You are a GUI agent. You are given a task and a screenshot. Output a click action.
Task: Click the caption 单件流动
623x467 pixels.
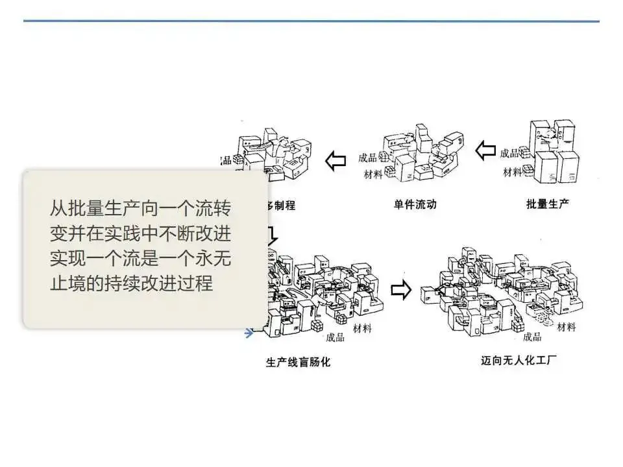(415, 204)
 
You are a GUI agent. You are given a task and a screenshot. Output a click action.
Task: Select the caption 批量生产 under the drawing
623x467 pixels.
(548, 204)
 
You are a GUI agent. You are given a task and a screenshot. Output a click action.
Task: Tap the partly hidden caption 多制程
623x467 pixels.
(280, 206)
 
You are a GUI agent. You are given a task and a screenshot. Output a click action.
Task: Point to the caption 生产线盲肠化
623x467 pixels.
(298, 362)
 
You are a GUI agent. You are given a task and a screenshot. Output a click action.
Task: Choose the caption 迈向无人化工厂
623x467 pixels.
(519, 361)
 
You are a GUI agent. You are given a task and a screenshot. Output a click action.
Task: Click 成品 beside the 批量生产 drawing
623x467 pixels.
(509, 153)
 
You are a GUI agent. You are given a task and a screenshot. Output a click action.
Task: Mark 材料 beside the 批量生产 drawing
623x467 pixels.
(512, 173)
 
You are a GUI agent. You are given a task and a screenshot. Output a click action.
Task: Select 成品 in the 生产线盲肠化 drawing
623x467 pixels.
(335, 337)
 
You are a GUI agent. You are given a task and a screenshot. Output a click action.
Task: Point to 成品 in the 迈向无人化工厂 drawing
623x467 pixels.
(531, 337)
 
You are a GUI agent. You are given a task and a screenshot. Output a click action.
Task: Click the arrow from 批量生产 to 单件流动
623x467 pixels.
(485, 152)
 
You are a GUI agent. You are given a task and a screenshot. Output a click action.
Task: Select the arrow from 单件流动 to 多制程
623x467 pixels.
(335, 160)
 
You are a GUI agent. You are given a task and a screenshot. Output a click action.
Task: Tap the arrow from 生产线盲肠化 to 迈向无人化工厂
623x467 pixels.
(402, 290)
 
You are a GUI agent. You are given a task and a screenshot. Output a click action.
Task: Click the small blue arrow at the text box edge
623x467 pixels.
(249, 333)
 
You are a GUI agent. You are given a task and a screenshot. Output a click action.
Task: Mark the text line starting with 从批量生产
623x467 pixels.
(140, 210)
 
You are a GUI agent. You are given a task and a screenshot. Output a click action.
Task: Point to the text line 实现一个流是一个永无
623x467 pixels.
(140, 259)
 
